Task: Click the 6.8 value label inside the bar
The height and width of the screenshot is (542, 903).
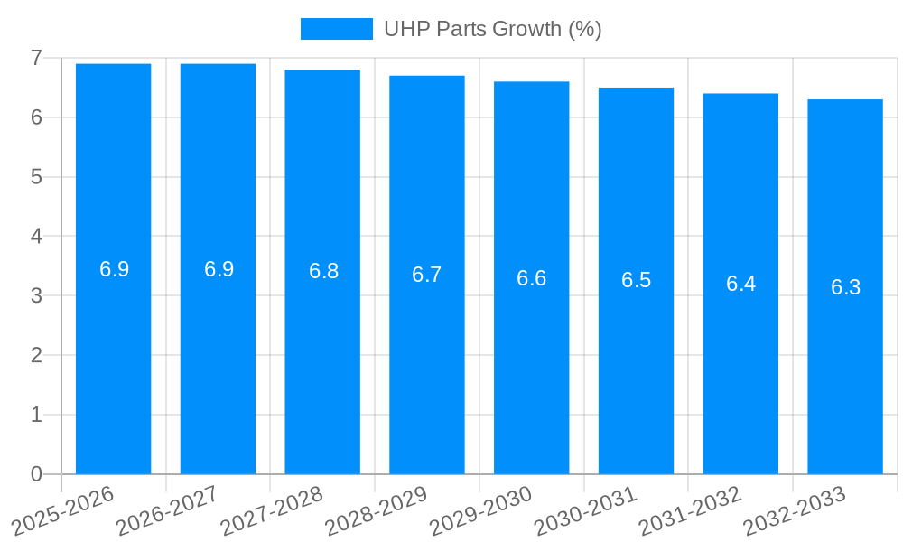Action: (x=323, y=271)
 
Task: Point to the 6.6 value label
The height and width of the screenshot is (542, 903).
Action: (x=532, y=278)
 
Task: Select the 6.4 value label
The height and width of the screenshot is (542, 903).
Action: (x=740, y=284)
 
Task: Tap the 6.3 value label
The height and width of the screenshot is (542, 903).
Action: (x=845, y=287)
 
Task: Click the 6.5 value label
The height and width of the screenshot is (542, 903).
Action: (x=636, y=280)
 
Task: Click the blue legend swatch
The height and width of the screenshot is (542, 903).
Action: (x=336, y=29)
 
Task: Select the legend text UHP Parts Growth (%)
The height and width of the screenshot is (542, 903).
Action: (x=492, y=29)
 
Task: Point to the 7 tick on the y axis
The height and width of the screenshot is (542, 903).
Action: (x=36, y=58)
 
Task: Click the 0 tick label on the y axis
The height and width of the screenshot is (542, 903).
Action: (x=36, y=474)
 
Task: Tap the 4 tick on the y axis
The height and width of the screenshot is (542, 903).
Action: (x=36, y=237)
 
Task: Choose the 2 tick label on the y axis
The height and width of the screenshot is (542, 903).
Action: (x=36, y=355)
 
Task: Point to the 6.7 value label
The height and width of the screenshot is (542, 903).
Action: (x=427, y=275)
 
